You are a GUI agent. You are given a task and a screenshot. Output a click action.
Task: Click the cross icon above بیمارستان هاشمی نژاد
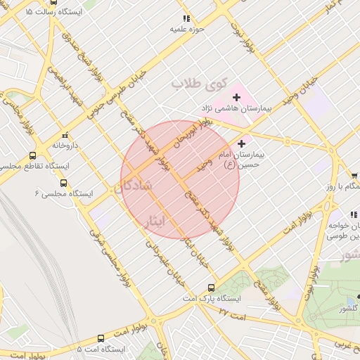click(x=236, y=96)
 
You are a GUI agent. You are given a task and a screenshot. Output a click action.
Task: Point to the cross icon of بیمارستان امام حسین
click(x=242, y=143)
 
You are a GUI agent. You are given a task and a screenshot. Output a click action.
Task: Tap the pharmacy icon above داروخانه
click(x=65, y=135)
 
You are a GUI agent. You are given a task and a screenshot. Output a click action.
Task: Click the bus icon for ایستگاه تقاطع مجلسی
click(x=32, y=156)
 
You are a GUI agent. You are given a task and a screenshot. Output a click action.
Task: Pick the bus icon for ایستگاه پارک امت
click(x=211, y=287)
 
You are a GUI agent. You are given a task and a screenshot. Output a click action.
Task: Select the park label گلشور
click(x=348, y=309)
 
